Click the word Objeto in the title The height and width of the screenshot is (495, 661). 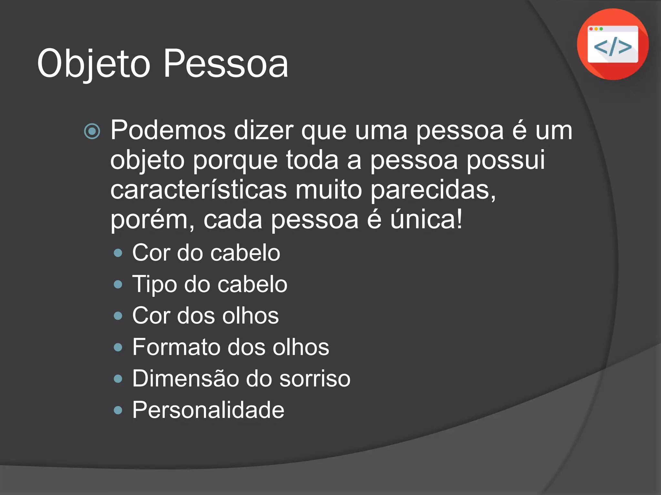click(94, 64)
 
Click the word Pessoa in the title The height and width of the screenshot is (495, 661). click(226, 64)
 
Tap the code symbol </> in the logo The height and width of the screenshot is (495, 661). click(613, 47)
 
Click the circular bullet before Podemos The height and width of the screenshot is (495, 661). click(92, 131)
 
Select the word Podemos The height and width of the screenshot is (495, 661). click(168, 131)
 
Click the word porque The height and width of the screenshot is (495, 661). click(235, 160)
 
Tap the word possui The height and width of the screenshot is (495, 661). click(506, 160)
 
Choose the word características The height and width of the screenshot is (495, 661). click(198, 189)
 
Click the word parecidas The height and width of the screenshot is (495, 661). click(432, 190)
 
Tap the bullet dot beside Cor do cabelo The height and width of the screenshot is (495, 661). click(118, 253)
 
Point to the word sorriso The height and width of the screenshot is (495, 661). click(315, 378)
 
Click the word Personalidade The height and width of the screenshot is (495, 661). click(208, 410)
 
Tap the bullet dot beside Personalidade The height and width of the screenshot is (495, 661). click(118, 410)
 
